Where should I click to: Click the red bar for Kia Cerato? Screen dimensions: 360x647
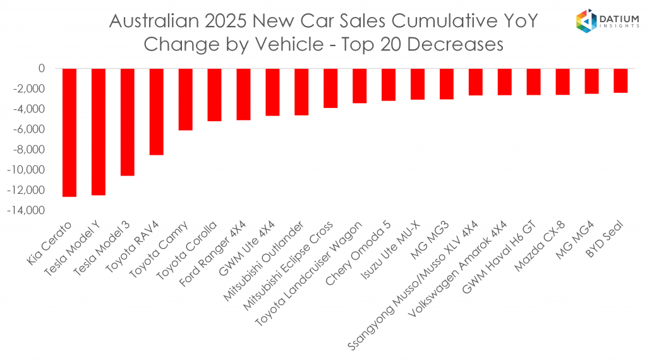pos(70,132)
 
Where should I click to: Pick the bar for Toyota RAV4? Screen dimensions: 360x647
pos(157,111)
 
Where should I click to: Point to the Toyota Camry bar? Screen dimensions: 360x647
pos(186,99)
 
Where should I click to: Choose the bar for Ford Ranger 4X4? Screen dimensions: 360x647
pos(243,93)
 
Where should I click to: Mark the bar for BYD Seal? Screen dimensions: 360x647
pos(620,80)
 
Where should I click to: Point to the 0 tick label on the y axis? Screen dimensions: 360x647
pos(42,68)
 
